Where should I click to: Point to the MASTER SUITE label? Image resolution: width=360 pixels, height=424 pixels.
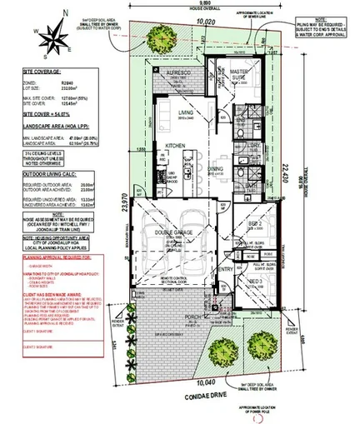[242, 76]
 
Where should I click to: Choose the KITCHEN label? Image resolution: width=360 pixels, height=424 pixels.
[175, 146]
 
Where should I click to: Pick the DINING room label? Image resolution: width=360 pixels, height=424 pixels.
[216, 169]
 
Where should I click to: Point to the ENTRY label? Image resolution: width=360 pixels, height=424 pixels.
[224, 269]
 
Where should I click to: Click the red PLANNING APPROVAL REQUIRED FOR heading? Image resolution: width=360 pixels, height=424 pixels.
[38, 259]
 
